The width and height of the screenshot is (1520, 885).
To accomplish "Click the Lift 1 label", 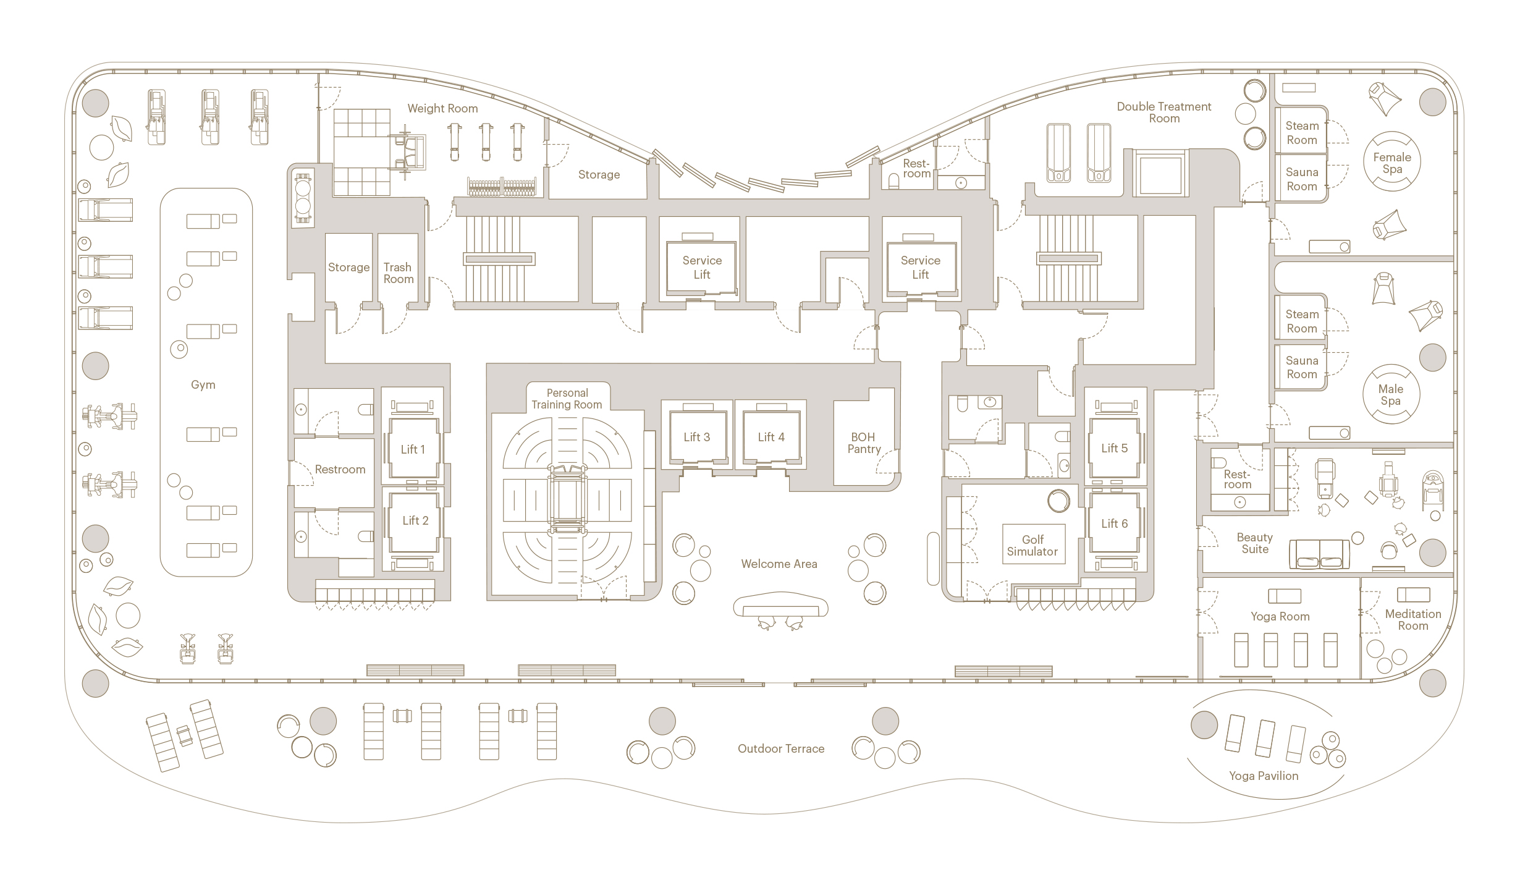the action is (x=413, y=449).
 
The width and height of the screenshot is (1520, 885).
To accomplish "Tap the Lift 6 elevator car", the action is (x=1115, y=523).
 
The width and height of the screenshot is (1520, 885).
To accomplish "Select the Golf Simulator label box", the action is (x=1033, y=544).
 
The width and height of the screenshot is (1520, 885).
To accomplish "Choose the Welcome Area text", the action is (x=779, y=564).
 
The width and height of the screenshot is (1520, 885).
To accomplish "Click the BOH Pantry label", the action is (x=864, y=443).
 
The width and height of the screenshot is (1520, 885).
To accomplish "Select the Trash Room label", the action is (x=398, y=273).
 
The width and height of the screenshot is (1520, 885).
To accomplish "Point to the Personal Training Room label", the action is (x=567, y=399).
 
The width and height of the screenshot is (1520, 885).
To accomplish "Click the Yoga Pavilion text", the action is (x=1264, y=776).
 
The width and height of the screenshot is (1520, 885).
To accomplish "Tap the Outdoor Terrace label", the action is (x=781, y=748).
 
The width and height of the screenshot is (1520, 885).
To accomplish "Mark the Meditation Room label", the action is (x=1413, y=620).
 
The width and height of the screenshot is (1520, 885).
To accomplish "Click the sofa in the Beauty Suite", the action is (x=1319, y=554).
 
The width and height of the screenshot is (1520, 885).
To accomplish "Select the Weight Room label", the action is (x=442, y=109).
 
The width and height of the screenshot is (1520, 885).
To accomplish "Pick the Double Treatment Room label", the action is (x=1164, y=112).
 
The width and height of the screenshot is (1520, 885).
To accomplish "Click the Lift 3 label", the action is (x=697, y=437).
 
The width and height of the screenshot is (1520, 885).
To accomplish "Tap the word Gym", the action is (x=203, y=385).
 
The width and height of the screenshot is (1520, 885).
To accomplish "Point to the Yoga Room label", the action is (x=1280, y=616).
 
